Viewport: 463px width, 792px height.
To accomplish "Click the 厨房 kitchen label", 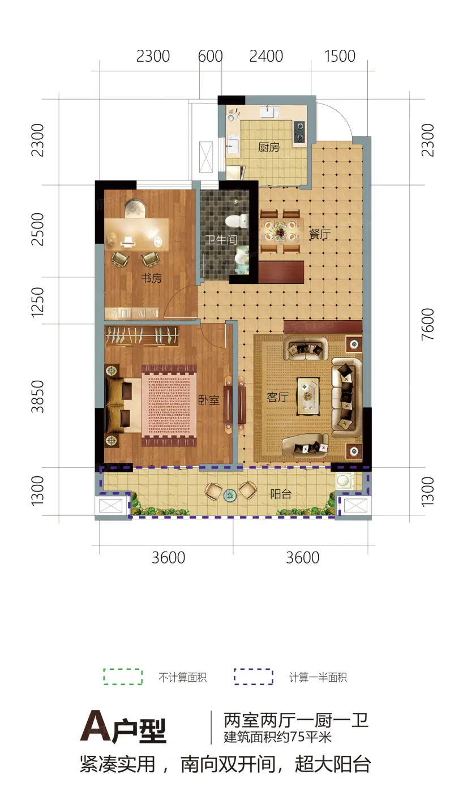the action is (x=269, y=147).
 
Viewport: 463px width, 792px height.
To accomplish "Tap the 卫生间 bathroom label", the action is (x=221, y=240).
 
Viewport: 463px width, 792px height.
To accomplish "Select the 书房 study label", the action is (x=151, y=278).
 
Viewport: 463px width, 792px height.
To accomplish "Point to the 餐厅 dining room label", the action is (x=320, y=234).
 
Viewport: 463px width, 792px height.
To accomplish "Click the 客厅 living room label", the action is (x=278, y=397).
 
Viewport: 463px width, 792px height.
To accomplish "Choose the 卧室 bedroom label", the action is (x=209, y=400).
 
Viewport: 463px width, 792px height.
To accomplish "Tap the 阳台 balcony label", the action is (x=281, y=494).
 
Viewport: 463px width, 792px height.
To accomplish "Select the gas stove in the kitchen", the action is (x=299, y=131).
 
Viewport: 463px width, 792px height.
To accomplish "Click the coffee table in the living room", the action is (x=308, y=396).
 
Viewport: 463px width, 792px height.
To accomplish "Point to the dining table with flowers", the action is (x=281, y=231).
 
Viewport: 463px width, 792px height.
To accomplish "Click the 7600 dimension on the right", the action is (x=427, y=325).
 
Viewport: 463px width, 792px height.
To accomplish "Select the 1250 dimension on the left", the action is (x=37, y=301).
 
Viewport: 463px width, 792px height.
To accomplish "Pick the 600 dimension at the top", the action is (x=210, y=56).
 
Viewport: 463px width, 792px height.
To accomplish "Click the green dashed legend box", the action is (x=123, y=677).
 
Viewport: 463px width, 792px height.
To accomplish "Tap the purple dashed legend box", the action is (x=253, y=677).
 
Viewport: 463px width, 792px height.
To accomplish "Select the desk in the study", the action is (x=136, y=233).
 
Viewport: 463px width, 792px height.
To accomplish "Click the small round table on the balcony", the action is (x=230, y=495).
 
